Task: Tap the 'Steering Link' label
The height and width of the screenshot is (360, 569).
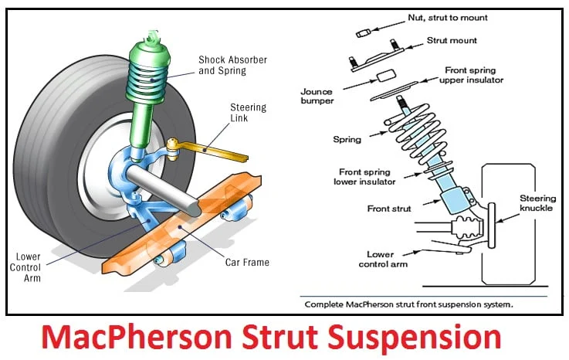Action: (x=249, y=112)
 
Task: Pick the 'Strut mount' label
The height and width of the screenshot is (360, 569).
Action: (x=452, y=39)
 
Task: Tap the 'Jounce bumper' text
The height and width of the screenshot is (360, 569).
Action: (x=317, y=96)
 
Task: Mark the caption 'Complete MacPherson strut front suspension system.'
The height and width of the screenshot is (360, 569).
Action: (x=409, y=304)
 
